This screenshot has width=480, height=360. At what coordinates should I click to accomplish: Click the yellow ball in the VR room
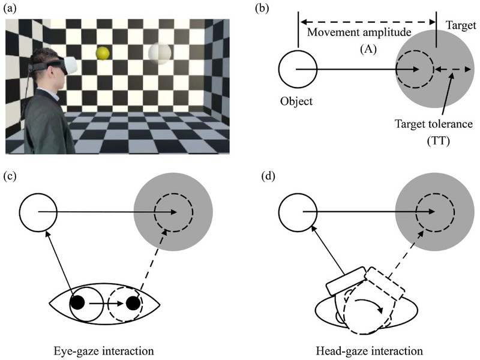[x=104, y=53]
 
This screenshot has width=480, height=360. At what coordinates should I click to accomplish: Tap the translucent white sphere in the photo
[x=160, y=55]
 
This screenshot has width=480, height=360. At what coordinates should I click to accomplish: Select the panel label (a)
[x=13, y=8]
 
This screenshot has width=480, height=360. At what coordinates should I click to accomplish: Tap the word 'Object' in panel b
[x=297, y=101]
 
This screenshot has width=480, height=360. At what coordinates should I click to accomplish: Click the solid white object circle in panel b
[x=298, y=70]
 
